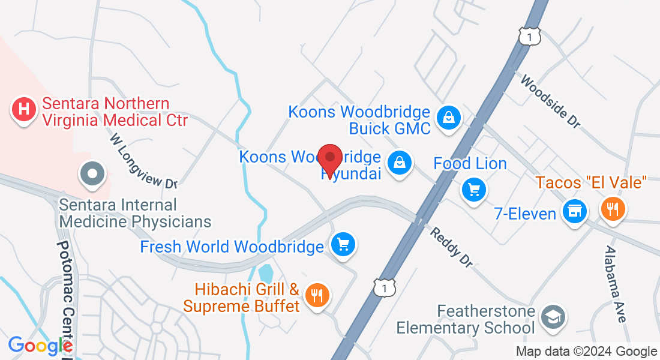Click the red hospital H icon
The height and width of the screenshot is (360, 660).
coord(23,110)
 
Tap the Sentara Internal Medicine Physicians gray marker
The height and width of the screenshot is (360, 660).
coord(92,175)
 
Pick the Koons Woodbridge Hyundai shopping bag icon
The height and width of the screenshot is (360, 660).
coord(398,162)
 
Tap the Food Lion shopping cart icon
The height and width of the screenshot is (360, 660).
coord(474,190)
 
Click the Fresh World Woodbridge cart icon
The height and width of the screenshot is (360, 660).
coord(344,244)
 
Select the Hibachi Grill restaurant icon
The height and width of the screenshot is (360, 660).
coord(316,295)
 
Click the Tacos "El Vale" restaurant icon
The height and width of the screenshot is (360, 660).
coord(613,209)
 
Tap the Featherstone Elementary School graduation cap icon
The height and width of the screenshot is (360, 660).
coord(550,317)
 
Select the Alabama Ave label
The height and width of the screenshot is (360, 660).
coord(616,284)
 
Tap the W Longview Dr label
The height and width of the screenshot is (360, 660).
coord(144,161)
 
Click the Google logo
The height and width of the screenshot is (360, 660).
coord(40,346)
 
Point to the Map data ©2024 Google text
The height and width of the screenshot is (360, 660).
coord(586,352)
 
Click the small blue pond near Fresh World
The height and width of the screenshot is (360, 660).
coord(265,273)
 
